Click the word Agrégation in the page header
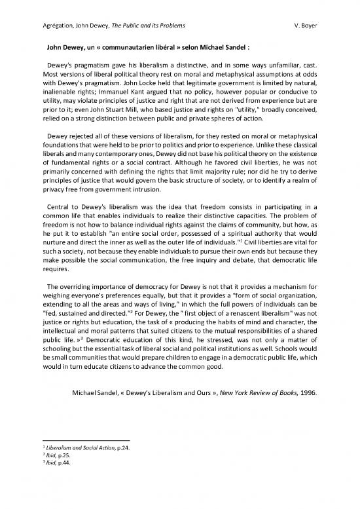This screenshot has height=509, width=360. click(39, 25)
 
